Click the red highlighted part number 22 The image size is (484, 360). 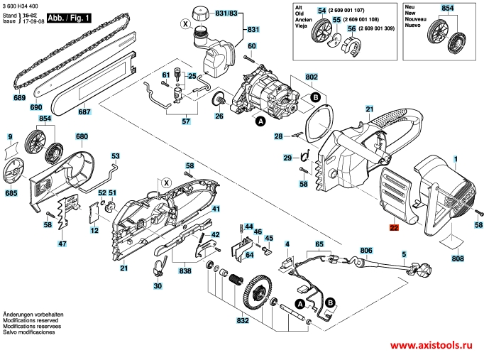(x=394, y=228)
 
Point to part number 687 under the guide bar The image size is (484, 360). (x=84, y=111)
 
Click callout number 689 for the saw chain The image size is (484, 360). (x=18, y=97)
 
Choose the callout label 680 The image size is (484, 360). (x=82, y=136)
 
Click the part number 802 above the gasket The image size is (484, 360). (x=312, y=77)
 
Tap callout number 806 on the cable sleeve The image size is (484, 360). (x=366, y=250)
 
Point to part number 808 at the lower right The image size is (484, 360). (x=458, y=259)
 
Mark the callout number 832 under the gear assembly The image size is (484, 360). (x=242, y=321)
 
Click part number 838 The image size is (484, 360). (x=185, y=271)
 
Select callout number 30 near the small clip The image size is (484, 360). (x=158, y=286)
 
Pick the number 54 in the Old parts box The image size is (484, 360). (x=321, y=11)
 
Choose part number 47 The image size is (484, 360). (x=62, y=244)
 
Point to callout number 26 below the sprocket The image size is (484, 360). (x=219, y=116)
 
